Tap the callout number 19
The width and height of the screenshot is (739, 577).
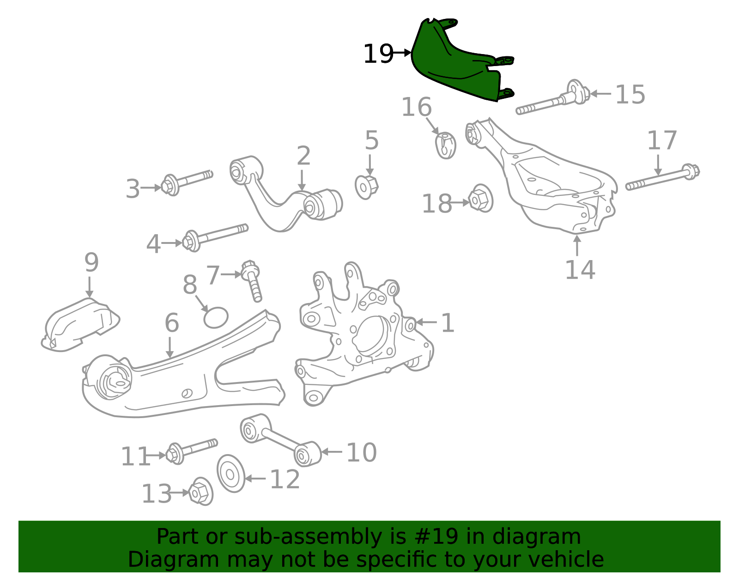pos(378,54)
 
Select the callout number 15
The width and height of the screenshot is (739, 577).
pos(630,94)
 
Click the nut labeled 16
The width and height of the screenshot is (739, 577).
pos(446,146)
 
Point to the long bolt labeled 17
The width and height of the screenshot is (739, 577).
pos(662,177)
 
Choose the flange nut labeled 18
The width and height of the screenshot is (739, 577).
pos(480,198)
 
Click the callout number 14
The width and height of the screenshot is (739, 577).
pos(580,270)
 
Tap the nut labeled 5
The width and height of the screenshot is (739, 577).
pos(366,187)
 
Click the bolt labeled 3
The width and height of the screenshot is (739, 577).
pos(187,183)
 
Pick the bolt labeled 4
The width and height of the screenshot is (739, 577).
pos(215,237)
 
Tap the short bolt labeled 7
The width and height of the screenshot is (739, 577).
pos(252,281)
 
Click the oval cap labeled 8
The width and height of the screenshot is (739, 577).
pos(216,317)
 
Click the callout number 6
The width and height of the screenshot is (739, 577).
pos(172,322)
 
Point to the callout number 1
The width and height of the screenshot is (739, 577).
pos(448,322)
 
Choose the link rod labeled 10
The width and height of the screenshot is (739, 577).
pos(281,440)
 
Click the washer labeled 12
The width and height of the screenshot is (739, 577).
pos(231,474)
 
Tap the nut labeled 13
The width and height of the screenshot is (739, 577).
pos(200,492)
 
